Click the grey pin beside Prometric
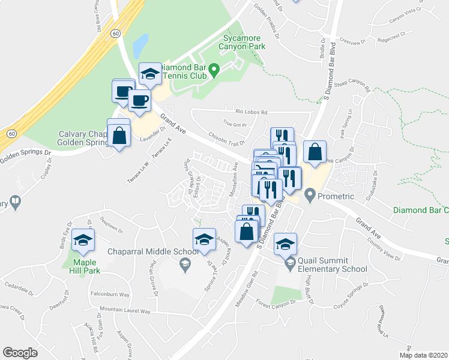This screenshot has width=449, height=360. click(x=310, y=194)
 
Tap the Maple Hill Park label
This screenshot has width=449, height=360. click(x=85, y=266)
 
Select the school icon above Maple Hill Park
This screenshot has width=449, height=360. click(x=83, y=242)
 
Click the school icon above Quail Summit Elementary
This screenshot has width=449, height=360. click(x=286, y=243)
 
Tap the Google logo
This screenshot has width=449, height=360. click(x=20, y=353)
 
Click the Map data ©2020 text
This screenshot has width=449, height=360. click(x=423, y=355)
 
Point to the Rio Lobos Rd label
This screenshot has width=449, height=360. click(x=251, y=112)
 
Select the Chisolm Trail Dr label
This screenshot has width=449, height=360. click(x=226, y=139)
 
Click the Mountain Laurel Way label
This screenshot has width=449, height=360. click(x=125, y=311)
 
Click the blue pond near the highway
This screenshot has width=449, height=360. click(x=140, y=44)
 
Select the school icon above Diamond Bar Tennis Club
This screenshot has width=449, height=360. click(x=150, y=74)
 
